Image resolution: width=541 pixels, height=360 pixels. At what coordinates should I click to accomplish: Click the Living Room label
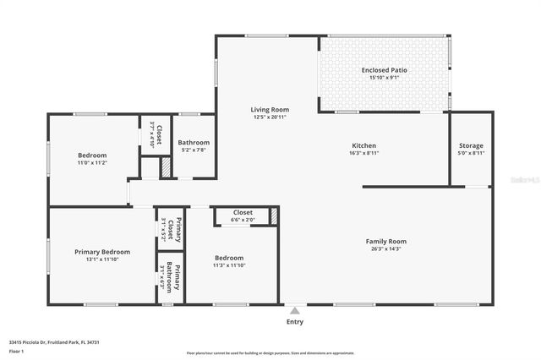270,110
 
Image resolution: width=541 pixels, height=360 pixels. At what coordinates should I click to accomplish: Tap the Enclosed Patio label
384,69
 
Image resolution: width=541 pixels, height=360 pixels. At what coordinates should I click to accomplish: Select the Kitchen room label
363,145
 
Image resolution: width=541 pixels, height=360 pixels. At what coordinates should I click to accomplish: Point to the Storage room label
470,145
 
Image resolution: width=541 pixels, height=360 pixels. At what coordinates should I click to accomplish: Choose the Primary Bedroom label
102,251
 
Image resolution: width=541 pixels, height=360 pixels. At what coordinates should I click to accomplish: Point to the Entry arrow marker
294,311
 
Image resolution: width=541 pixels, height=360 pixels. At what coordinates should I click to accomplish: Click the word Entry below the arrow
294,322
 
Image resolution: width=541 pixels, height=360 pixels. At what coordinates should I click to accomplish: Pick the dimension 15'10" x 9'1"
384,77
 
